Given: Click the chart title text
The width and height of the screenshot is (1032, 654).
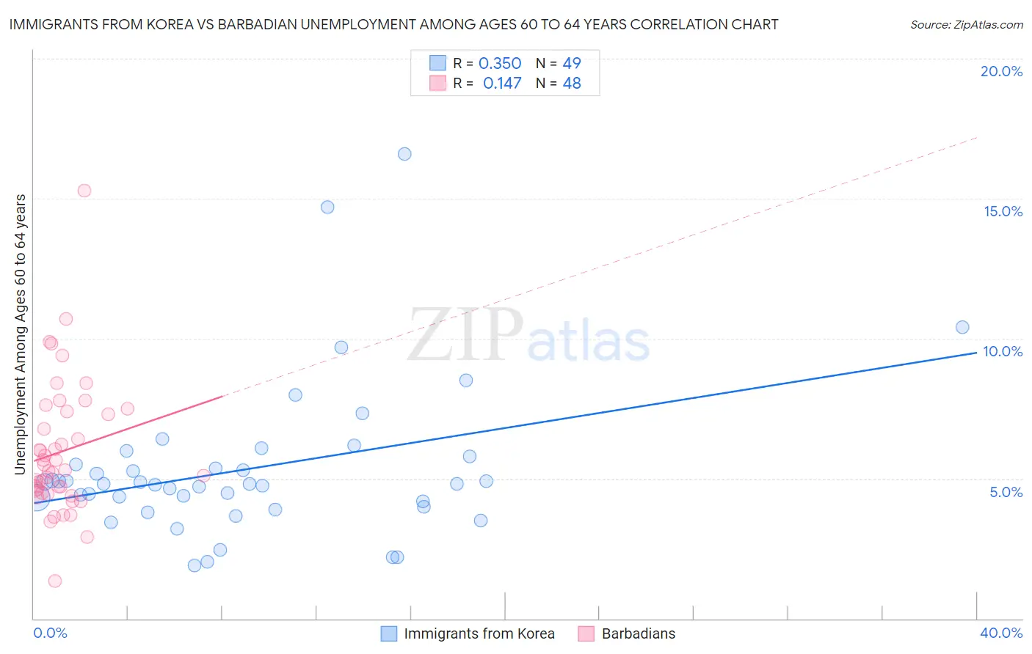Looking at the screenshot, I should point(393,24).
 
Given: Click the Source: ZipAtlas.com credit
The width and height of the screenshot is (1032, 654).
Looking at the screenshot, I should point(966,24).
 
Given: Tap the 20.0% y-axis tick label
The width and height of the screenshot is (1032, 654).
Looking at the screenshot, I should point(1001,71).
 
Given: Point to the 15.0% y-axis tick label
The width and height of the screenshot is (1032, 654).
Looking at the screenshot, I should point(1003,211).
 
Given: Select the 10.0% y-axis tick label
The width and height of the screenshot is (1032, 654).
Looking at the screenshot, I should point(1003,351).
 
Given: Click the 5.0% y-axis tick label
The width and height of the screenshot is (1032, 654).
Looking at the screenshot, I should point(1006,492).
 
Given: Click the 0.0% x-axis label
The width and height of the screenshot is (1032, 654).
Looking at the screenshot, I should point(50,633).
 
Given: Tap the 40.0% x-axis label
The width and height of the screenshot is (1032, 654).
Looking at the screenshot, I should point(1001,633).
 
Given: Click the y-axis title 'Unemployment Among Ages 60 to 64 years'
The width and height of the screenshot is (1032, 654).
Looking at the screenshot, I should point(21,334).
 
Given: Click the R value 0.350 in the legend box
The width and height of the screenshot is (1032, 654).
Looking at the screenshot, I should point(500,64).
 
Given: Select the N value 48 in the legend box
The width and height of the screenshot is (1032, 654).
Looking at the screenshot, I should point(572,84).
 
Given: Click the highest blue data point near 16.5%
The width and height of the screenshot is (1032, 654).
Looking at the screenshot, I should point(404,154).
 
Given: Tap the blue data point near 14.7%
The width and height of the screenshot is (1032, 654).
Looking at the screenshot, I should point(327,207).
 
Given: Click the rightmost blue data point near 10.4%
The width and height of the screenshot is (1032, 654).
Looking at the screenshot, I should point(962,327).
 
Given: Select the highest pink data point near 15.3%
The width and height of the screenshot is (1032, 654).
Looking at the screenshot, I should point(84,191).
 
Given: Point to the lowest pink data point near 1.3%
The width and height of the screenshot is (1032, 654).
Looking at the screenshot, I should point(55,581).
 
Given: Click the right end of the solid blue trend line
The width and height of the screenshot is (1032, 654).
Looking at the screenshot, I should point(976,353).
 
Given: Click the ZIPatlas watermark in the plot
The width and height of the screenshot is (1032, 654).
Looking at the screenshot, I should point(528,336).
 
